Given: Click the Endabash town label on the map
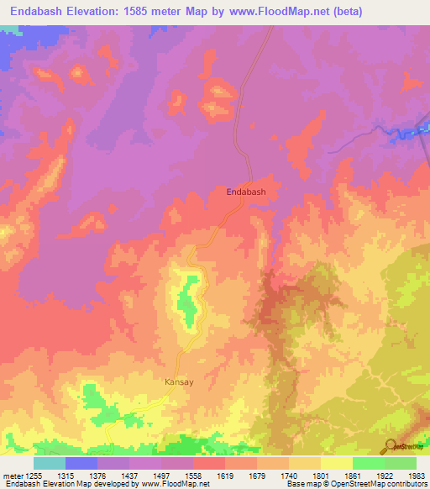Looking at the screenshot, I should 246,192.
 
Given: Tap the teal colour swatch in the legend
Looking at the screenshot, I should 49,463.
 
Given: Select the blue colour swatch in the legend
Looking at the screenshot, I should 81,463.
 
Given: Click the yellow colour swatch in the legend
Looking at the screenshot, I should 337,463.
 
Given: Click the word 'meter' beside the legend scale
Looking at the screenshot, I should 11,475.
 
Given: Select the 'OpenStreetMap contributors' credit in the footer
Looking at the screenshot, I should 375,485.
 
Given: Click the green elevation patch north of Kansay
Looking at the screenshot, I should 190,302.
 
